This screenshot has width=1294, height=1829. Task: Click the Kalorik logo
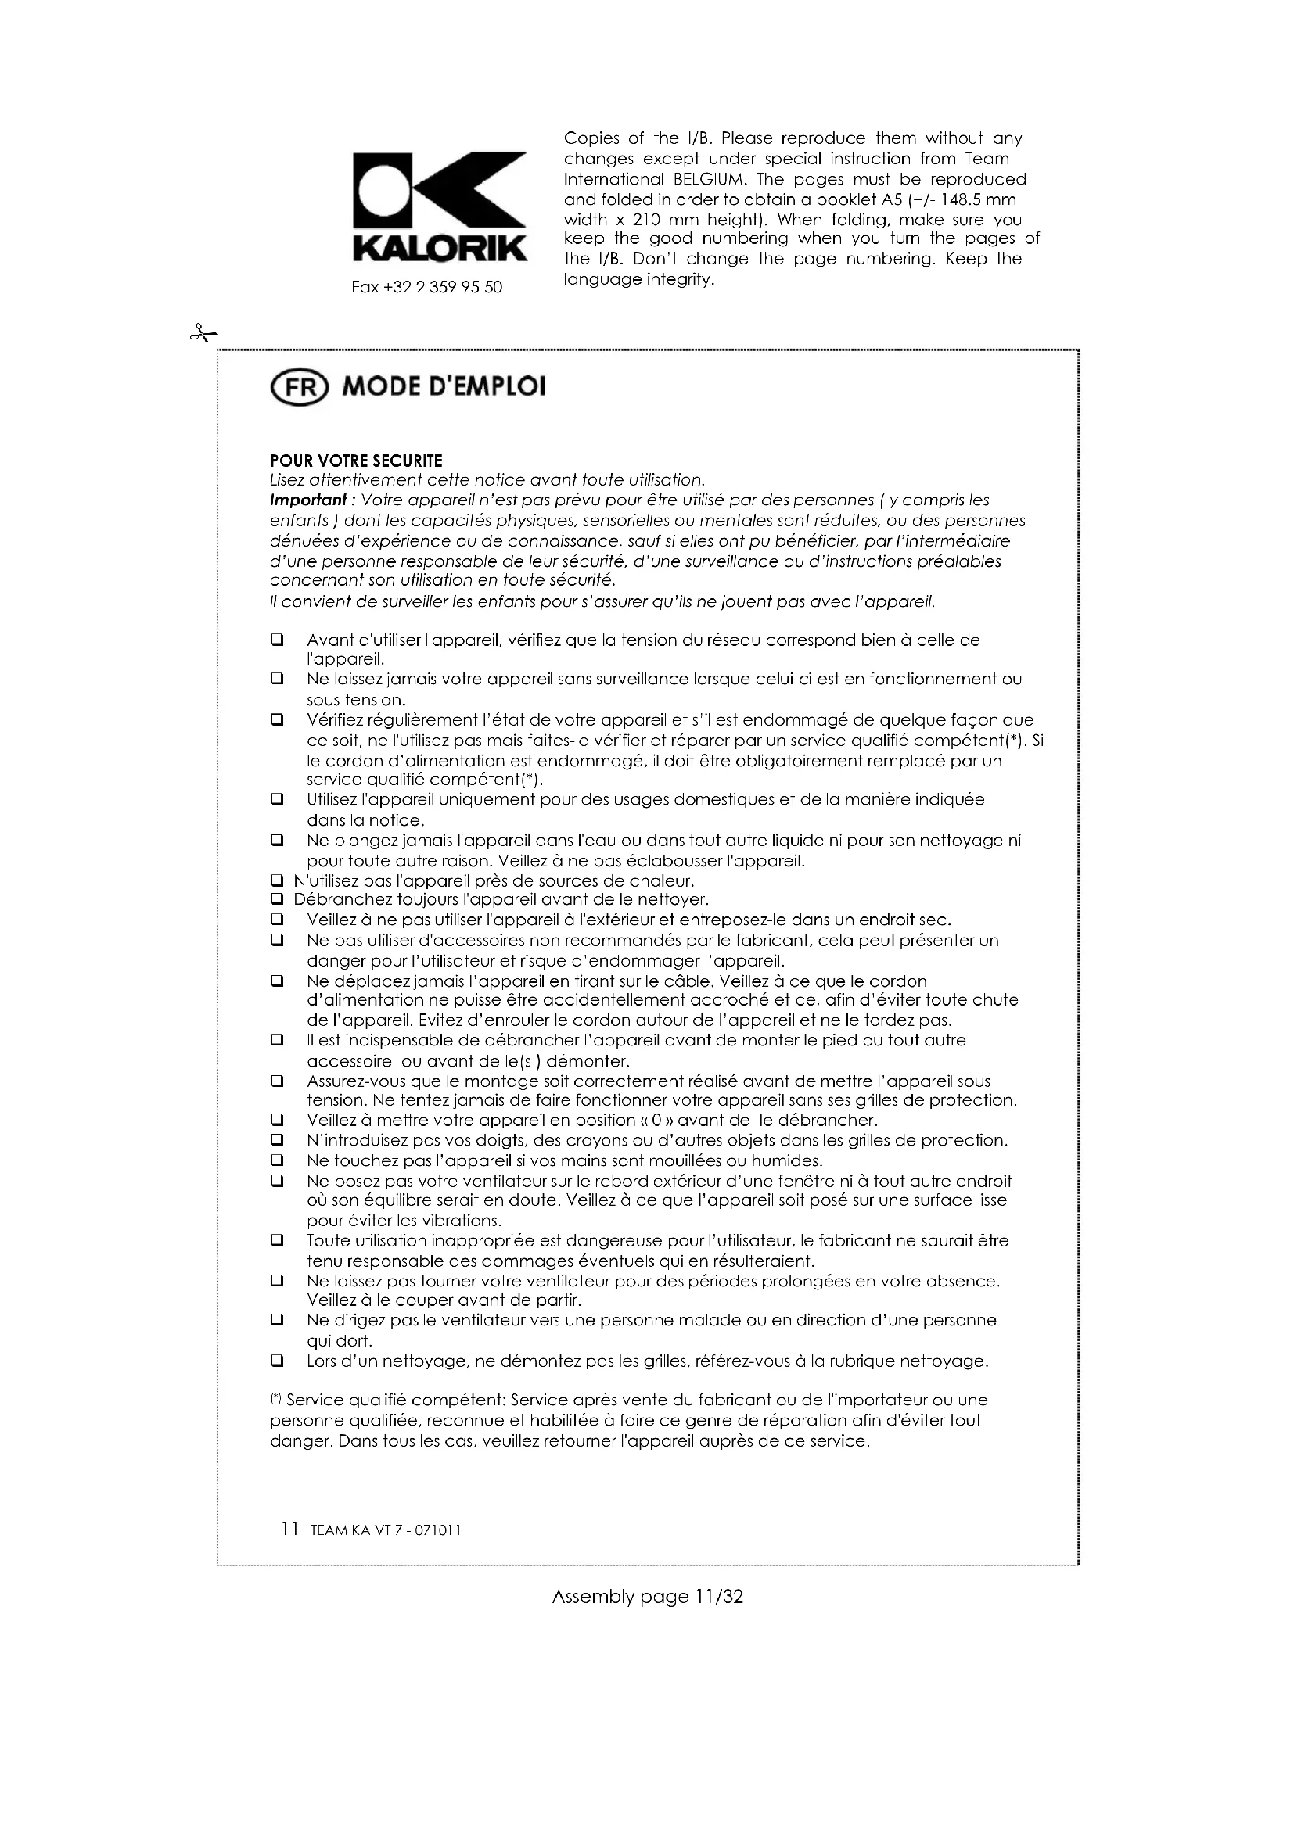[440, 206]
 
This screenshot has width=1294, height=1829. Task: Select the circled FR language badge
[300, 387]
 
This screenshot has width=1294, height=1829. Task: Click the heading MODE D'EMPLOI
[444, 387]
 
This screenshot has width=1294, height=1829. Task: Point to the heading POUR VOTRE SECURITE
[356, 461]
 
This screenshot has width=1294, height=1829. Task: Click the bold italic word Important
[307, 500]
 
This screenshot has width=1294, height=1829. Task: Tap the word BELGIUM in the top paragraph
[713, 179]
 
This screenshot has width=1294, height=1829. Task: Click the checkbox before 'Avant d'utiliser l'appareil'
[277, 640]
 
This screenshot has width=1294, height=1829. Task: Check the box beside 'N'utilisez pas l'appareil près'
[277, 881]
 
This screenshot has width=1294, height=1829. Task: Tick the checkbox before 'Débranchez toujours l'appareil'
[277, 900]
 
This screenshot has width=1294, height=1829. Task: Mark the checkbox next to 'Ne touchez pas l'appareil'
[277, 1160]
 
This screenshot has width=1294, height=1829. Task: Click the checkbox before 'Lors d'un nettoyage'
[277, 1361]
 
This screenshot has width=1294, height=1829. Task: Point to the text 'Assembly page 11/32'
[647, 1597]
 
